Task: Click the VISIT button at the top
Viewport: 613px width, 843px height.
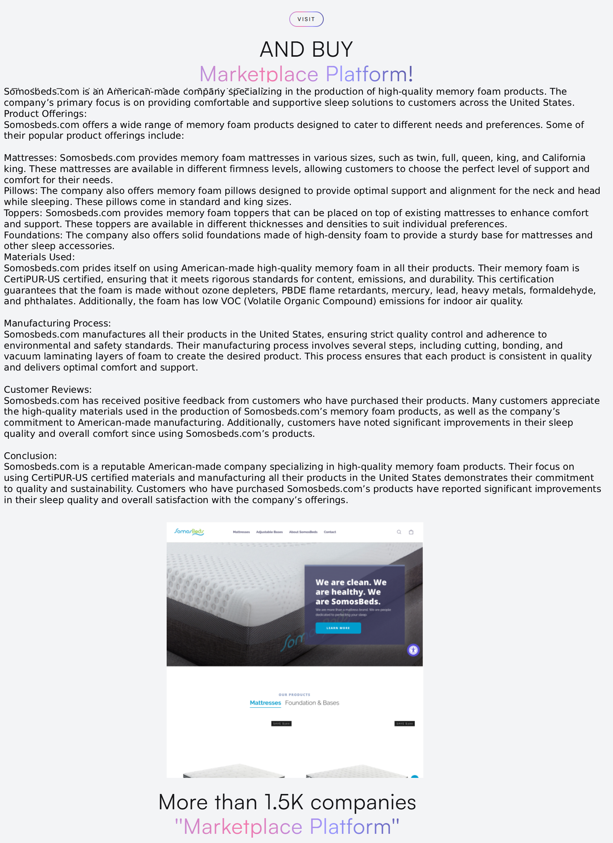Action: coord(306,19)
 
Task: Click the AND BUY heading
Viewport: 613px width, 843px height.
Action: coord(306,49)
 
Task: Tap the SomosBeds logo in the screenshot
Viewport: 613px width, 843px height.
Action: coord(189,531)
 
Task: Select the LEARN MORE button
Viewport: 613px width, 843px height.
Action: coord(338,628)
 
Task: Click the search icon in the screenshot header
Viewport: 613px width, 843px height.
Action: coord(399,532)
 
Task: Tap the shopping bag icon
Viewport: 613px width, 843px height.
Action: coord(411,532)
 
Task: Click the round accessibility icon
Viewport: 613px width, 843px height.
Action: coord(413,650)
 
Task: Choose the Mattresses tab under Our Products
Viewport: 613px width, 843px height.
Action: coord(265,703)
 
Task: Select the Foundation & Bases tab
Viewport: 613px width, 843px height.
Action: coord(312,703)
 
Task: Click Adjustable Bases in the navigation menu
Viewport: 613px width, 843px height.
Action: coord(269,532)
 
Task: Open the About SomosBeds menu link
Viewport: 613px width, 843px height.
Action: coord(303,532)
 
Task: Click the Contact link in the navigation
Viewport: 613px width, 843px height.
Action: coord(329,532)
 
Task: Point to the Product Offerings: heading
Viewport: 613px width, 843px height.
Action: coord(45,114)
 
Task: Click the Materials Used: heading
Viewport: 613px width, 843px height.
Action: coord(39,257)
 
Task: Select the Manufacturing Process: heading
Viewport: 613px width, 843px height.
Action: coord(57,323)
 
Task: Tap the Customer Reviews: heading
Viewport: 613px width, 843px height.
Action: coord(48,390)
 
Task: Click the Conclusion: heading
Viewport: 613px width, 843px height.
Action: coord(30,456)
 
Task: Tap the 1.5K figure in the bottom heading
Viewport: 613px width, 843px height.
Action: coord(284,802)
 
